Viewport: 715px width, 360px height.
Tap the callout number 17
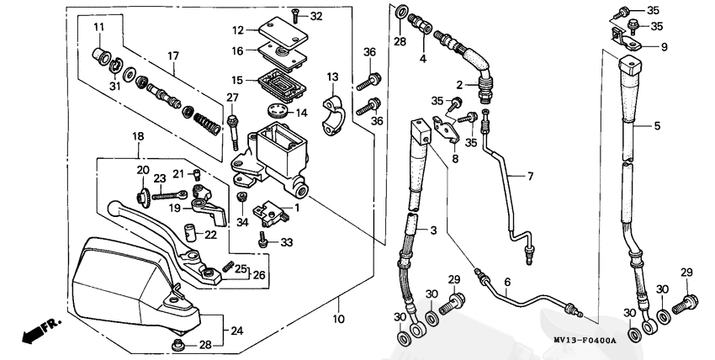[x=172, y=56]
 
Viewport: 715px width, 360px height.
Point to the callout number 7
[x=531, y=177]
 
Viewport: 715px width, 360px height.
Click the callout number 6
[x=507, y=283]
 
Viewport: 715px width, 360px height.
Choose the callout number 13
[x=331, y=77]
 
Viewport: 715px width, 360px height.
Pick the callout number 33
[x=286, y=243]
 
